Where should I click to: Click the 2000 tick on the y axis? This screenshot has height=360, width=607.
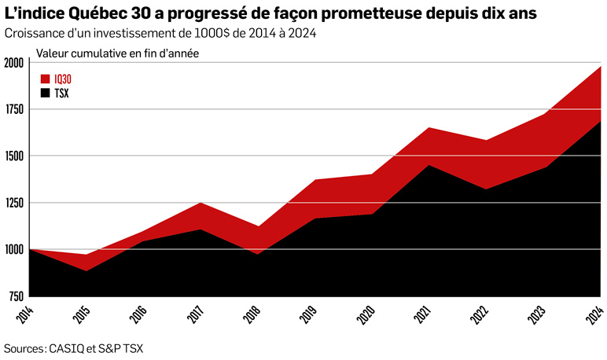[x=13, y=63]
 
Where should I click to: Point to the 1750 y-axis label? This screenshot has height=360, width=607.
[x=13, y=109]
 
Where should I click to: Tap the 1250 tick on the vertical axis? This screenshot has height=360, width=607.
[x=13, y=203]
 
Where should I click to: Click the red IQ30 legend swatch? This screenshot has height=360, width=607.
[x=45, y=79]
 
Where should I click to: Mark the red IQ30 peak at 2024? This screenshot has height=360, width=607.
[x=601, y=67]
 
